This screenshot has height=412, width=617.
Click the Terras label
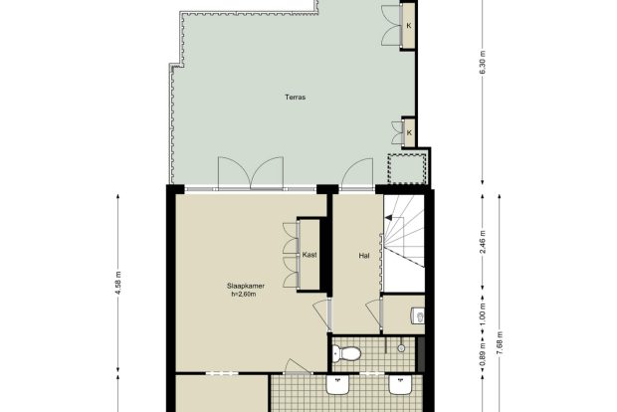[x=296, y=98]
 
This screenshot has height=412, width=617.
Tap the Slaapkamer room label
[x=246, y=286]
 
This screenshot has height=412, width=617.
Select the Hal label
[x=364, y=256]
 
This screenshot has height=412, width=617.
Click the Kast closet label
[x=309, y=255]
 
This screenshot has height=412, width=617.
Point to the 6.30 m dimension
[x=484, y=63]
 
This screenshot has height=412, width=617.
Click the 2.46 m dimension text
[x=484, y=242]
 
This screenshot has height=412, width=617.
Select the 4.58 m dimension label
[x=118, y=283]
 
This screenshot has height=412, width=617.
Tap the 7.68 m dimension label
[x=500, y=343]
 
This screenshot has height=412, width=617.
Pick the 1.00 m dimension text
[x=484, y=314]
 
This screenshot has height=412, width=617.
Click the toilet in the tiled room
[x=346, y=353]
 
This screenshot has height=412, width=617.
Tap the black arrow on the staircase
[x=388, y=218]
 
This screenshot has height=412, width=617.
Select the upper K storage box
[x=409, y=26]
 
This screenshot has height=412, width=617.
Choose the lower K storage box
[x=409, y=132]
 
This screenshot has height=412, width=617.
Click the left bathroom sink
[x=337, y=384]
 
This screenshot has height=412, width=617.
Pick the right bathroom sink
[x=401, y=384]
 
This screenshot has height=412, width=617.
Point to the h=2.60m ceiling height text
[x=244, y=294]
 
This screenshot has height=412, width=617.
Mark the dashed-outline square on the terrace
[x=407, y=169]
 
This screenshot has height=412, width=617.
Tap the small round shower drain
[x=401, y=348]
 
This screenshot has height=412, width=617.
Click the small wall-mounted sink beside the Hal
[x=418, y=315]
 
